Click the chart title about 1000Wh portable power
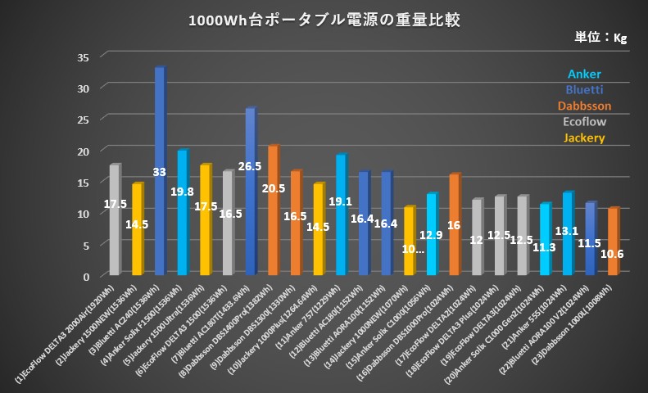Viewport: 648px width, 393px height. coord(324,20)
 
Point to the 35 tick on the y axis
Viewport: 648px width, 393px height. coord(82,56)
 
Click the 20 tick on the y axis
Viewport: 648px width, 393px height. coord(82,151)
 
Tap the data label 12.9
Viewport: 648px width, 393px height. coord(432,235)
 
